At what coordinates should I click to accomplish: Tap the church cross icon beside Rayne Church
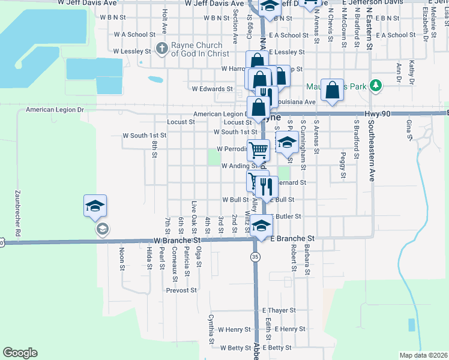pyautogui.click(x=161, y=48)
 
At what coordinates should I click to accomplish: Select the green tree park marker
pyautogui.click(x=376, y=86)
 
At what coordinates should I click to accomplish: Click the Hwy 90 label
pyautogui.click(x=376, y=113)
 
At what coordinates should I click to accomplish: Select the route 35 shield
pyautogui.click(x=255, y=256)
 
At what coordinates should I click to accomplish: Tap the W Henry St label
pyautogui.click(x=234, y=329)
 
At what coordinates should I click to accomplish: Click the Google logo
pyautogui.click(x=19, y=353)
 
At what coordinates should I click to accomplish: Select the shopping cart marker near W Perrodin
pyautogui.click(x=259, y=150)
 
